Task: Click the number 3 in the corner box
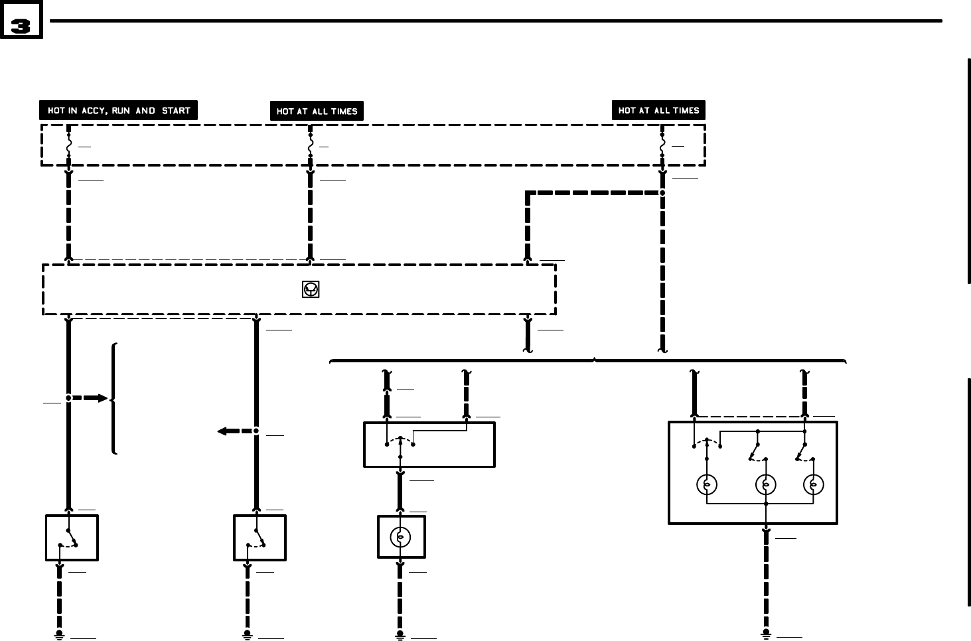(21, 27)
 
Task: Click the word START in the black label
(176, 111)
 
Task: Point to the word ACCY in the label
(94, 111)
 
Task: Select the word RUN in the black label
(121, 111)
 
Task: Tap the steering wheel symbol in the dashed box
(311, 289)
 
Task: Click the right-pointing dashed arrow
(91, 398)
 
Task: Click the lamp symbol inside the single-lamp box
(400, 537)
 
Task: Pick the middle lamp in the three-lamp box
(766, 485)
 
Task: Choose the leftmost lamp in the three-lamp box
(707, 485)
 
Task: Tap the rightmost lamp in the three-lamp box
(813, 485)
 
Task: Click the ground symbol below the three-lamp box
(766, 635)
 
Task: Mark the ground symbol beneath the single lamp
(400, 636)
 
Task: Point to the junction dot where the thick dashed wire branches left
(662, 193)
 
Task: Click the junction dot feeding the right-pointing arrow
(68, 398)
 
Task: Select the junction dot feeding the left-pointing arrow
(256, 431)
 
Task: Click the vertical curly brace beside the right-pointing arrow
(115, 398)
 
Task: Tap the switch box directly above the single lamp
(429, 445)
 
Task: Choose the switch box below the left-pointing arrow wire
(260, 537)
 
